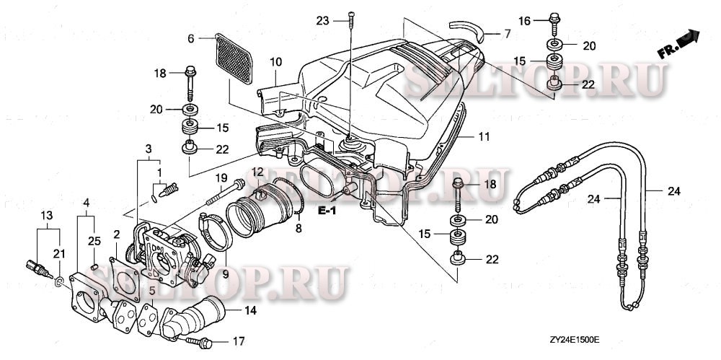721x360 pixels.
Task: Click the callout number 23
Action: click(x=321, y=21)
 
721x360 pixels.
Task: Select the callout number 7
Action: click(x=507, y=34)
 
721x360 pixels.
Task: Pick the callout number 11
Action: click(x=484, y=136)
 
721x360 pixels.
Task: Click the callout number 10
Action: click(x=275, y=63)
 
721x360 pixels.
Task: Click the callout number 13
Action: click(x=45, y=216)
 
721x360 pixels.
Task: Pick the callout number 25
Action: click(x=92, y=240)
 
